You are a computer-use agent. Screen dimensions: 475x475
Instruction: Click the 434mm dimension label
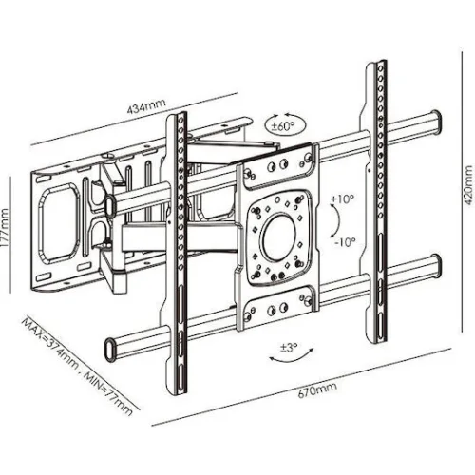pyautogui.click(x=146, y=106)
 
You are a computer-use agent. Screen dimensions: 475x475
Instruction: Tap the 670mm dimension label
pyautogui.click(x=317, y=389)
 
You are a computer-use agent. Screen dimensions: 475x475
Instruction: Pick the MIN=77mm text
pyautogui.click(x=107, y=393)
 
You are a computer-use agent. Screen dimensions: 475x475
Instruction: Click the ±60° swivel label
pyautogui.click(x=282, y=126)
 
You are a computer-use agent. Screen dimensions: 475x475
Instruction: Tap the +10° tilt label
pyautogui.click(x=342, y=199)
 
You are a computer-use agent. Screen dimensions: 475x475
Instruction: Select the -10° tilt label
pyautogui.click(x=345, y=242)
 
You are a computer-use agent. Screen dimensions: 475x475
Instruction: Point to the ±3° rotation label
pyautogui.click(x=289, y=348)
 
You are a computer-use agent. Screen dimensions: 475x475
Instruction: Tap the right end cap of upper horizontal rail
pyautogui.click(x=436, y=123)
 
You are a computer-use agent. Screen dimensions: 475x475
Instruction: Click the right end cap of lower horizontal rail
pyautogui.click(x=436, y=266)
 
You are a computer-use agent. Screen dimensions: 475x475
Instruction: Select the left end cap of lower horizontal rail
pyautogui.click(x=109, y=350)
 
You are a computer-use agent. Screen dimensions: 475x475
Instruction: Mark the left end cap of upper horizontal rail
pyautogui.click(x=110, y=207)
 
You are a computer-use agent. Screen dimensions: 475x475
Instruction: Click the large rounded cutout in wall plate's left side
pyautogui.click(x=58, y=223)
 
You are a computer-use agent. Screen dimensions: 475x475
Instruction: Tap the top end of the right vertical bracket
pyautogui.click(x=376, y=64)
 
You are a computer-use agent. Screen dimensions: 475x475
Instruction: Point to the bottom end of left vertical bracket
pyautogui.click(x=177, y=391)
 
